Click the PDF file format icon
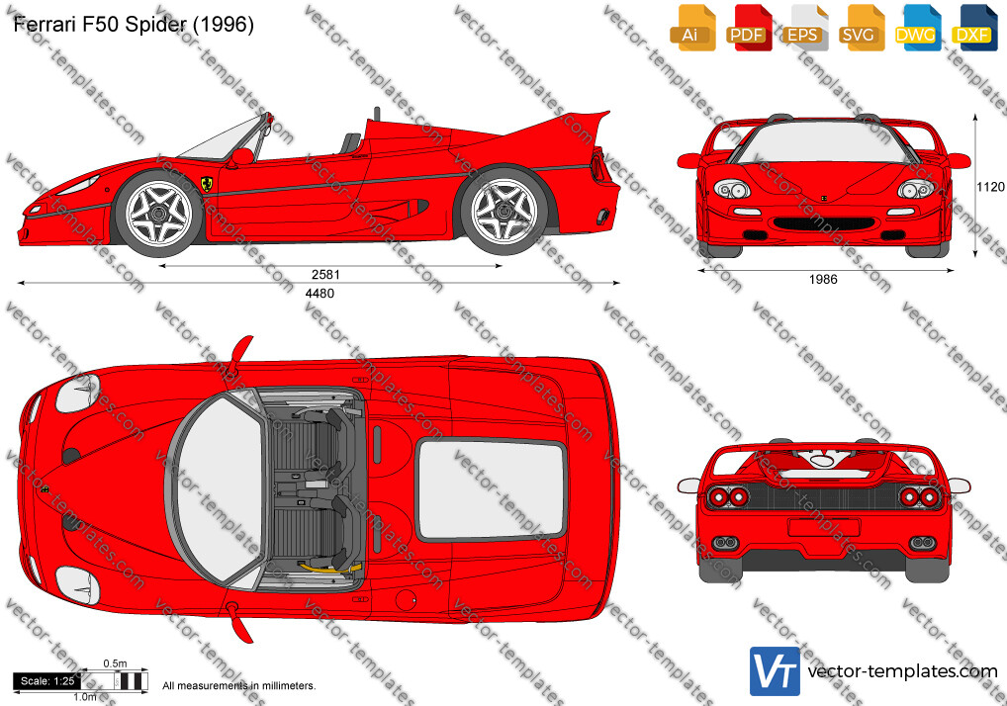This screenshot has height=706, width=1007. (x=748, y=28)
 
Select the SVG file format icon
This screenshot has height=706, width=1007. (x=862, y=28)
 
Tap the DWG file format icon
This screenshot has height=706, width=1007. (x=918, y=28)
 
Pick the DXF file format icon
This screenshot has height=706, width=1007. (x=974, y=28)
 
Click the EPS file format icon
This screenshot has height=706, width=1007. (x=804, y=28)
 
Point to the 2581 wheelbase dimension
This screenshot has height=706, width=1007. (x=325, y=274)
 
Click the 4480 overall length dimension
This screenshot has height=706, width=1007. (x=320, y=294)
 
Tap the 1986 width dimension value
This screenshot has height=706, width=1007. (x=823, y=279)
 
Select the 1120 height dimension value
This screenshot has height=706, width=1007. (x=989, y=187)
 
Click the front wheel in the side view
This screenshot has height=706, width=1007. (x=158, y=213)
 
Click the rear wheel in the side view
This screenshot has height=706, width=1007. (x=504, y=210)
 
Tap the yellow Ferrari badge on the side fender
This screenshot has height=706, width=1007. (x=207, y=184)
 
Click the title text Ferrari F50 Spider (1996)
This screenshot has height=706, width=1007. (x=134, y=24)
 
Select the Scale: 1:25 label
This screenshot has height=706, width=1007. (x=46, y=681)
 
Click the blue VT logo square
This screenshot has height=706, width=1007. (x=775, y=671)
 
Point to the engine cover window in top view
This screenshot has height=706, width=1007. (x=492, y=490)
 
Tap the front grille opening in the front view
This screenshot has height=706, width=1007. (x=824, y=224)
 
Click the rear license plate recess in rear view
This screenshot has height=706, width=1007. (x=824, y=527)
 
